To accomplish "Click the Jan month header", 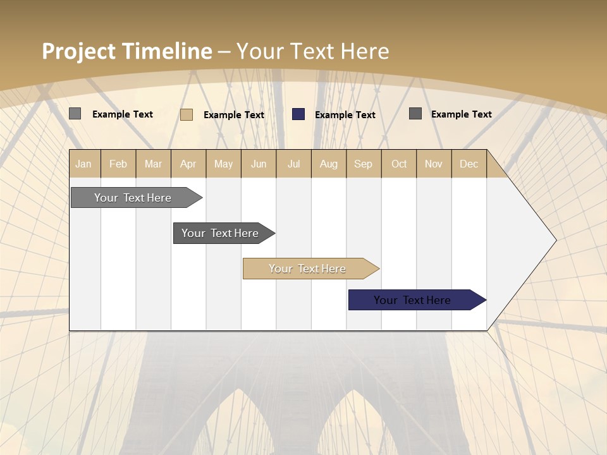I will point(83,164).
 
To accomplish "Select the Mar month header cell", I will point(153,164).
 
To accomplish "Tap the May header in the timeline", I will point(223,164).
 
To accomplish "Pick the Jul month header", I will point(293,164).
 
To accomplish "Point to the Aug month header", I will point(328,164).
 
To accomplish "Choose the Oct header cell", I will point(399,164).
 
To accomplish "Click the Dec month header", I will point(469,164).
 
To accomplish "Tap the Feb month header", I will point(118,164).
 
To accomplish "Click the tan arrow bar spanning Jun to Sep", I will point(308,269).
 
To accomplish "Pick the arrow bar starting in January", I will point(133,198).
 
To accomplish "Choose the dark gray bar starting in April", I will point(221,233).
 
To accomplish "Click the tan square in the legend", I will point(187,114).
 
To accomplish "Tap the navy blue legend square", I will point(298,114).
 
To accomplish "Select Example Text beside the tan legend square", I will point(233,115).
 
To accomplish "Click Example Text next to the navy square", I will point(345,115).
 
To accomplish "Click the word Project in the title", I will point(78,51).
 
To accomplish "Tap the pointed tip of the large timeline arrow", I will point(554,240).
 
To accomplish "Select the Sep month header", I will point(363,164).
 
